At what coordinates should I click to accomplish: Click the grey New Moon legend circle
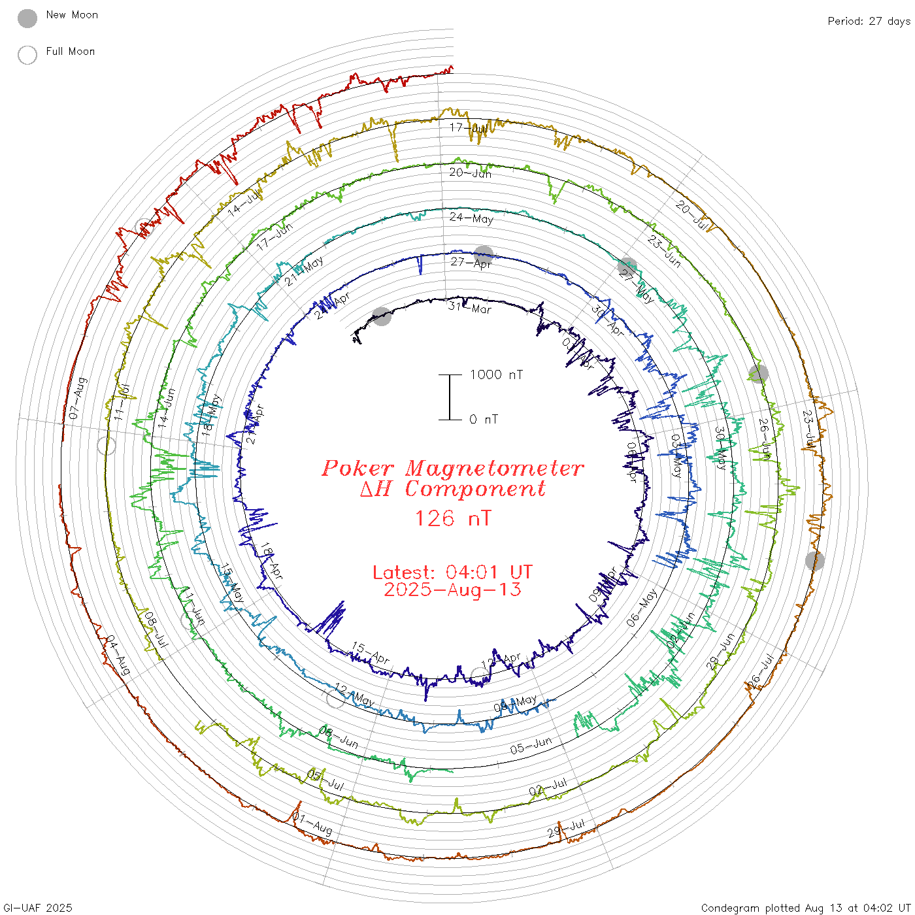[x=27, y=19]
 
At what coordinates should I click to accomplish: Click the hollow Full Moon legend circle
[x=27, y=56]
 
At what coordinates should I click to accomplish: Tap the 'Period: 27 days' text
[x=869, y=22]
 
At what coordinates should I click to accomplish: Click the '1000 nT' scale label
[x=496, y=374]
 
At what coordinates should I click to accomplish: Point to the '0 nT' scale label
[x=483, y=420]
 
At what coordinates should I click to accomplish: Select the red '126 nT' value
[x=453, y=519]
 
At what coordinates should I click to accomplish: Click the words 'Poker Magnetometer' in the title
[x=452, y=468]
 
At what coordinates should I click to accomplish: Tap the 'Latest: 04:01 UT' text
[x=452, y=573]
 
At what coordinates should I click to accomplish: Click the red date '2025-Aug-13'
[x=452, y=590]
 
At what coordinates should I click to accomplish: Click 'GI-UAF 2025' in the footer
[x=38, y=908]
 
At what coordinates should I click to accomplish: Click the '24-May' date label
[x=471, y=218]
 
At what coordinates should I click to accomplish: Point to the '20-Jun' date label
[x=470, y=173]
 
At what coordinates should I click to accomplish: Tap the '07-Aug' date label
[x=77, y=398]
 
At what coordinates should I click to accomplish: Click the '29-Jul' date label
[x=566, y=828]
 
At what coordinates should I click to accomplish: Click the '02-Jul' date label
[x=548, y=787]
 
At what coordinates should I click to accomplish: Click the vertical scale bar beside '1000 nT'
[x=450, y=397]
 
